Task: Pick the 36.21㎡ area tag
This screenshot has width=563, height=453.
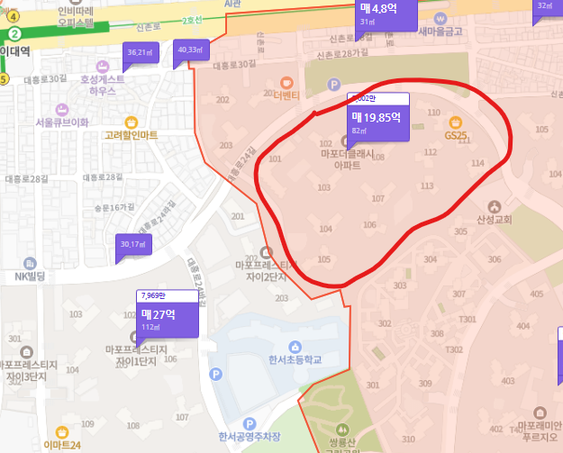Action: point(141,53)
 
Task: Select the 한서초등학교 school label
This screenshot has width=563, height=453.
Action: point(295,359)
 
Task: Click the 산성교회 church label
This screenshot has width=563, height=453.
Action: point(493,219)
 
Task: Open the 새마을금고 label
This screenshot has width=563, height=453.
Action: point(440,31)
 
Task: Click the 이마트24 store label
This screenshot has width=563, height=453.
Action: point(62,445)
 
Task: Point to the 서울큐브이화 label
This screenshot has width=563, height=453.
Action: point(62,122)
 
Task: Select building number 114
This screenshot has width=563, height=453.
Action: point(477,163)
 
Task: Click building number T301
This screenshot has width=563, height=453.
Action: point(467,319)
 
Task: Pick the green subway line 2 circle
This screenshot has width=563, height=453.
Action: point(14,33)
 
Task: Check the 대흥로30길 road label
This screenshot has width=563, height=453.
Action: point(47,78)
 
